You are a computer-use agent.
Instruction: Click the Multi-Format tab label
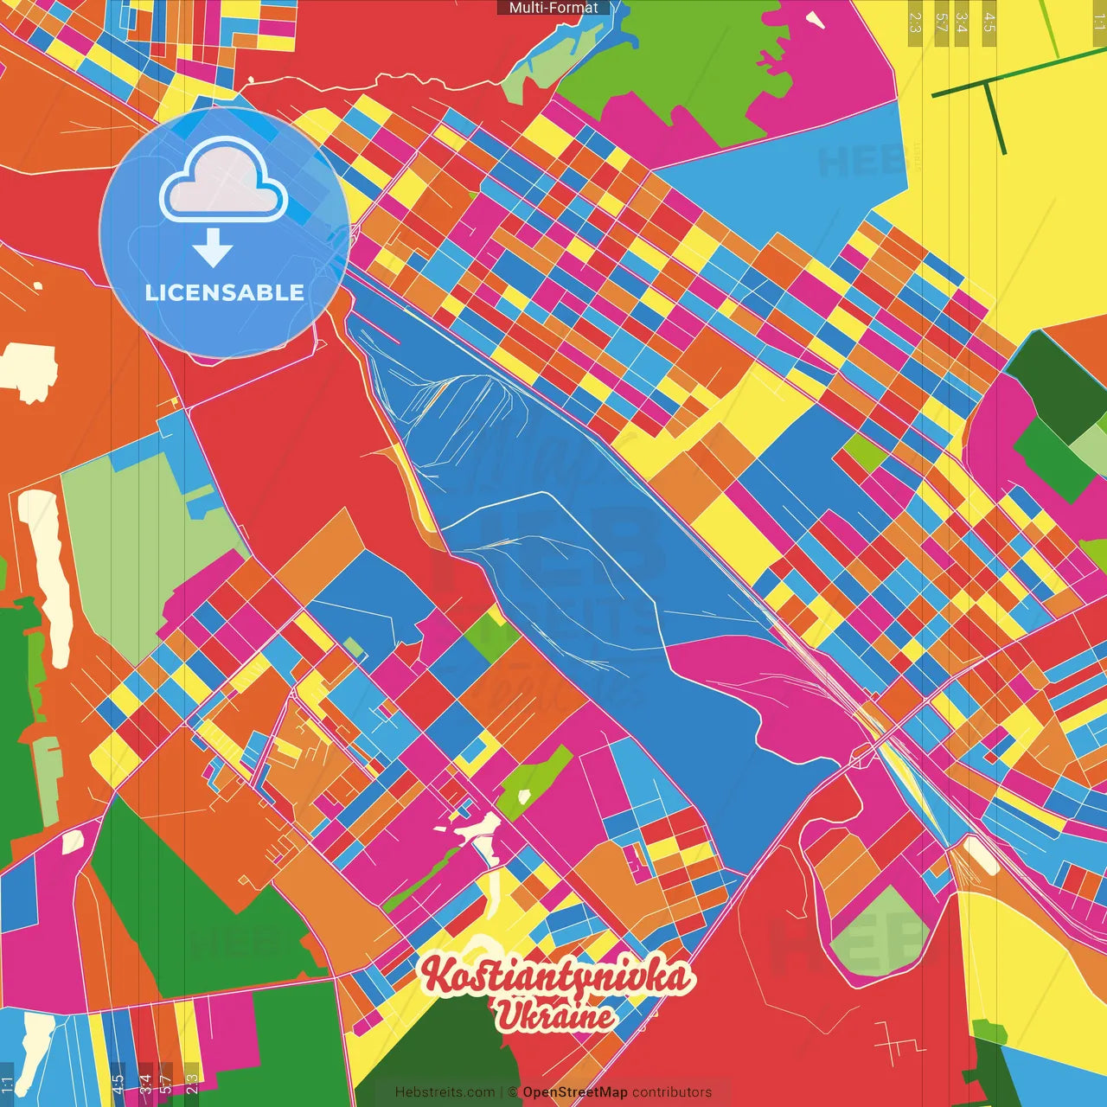coord(553,8)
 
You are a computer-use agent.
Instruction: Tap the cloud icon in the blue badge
coord(223,181)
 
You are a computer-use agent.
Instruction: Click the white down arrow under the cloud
coord(213,249)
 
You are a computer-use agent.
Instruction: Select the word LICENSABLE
coord(224,292)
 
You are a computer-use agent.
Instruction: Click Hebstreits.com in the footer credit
coord(445,1092)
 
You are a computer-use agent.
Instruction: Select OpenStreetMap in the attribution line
coord(574,1092)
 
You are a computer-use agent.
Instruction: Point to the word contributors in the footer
coord(672,1092)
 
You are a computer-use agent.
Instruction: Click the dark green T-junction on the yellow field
coord(985,83)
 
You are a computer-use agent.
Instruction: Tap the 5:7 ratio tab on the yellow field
coord(941,22)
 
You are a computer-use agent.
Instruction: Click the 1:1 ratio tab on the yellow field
coord(1098,21)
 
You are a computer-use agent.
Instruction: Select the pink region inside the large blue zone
coord(761,692)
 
